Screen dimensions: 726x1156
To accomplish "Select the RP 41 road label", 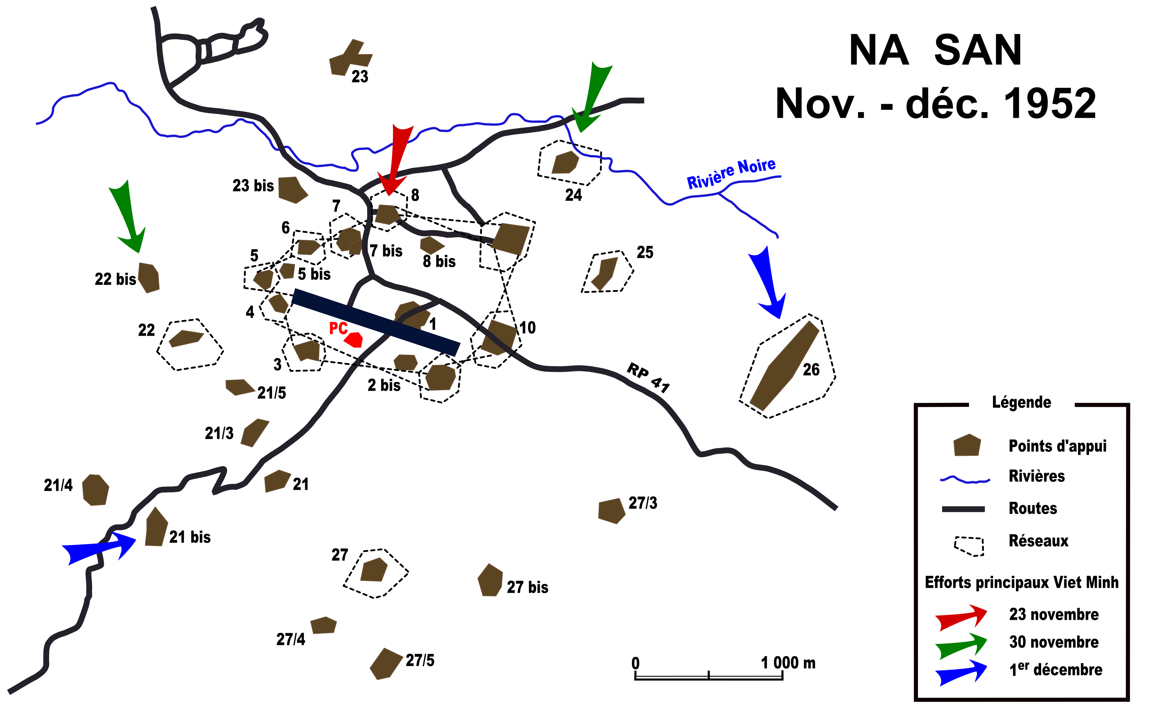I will click(x=648, y=378).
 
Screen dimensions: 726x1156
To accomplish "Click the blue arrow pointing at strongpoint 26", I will click(x=768, y=283).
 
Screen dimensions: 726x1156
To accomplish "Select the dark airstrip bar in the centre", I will click(x=376, y=322).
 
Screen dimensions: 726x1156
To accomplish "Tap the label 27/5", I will click(x=420, y=660).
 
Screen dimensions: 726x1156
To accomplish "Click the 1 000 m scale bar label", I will click(x=788, y=663).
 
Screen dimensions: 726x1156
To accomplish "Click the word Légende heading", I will click(x=1021, y=402).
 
